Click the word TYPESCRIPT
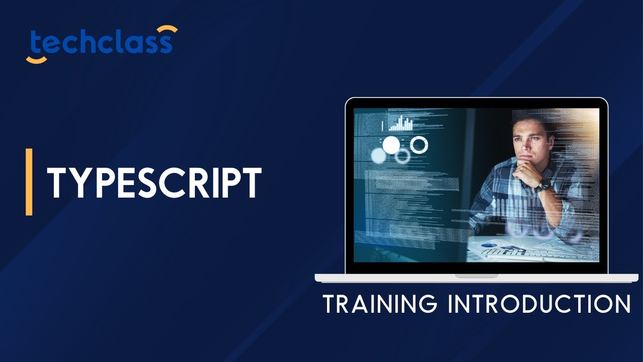(154, 183)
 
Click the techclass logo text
(101, 44)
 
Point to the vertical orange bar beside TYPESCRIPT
(29, 182)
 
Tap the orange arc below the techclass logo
(36, 60)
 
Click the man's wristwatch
(543, 185)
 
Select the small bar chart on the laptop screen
(400, 123)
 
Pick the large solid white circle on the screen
(391, 145)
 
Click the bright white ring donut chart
(419, 145)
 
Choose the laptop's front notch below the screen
(476, 276)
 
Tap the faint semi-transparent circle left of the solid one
(378, 156)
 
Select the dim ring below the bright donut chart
(402, 156)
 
